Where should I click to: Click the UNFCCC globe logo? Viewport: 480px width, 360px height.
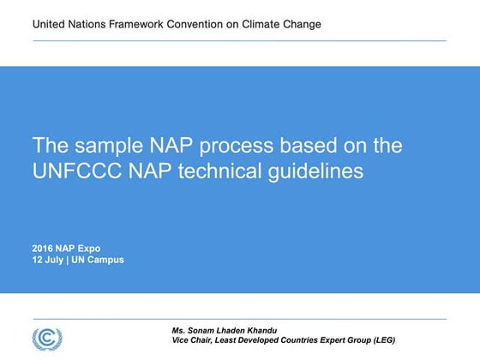47,336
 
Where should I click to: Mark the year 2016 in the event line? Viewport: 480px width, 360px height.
44,249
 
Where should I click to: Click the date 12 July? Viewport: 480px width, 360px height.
51,260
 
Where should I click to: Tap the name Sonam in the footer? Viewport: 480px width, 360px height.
206,330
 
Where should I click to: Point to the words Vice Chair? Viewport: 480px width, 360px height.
194,340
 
